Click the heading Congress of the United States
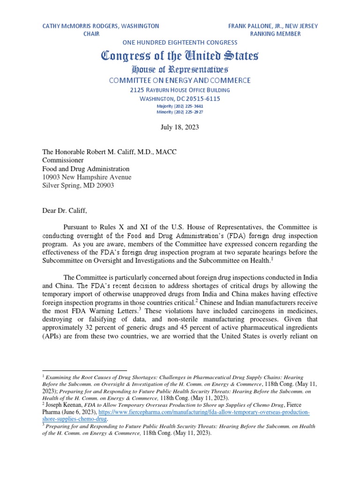[x=180, y=56]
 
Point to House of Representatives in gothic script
[x=180, y=70]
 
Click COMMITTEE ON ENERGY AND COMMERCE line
[x=180, y=81]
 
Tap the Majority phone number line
[x=180, y=106]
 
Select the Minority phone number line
[x=180, y=112]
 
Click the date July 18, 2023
[x=180, y=127]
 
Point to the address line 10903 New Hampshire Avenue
[x=87, y=177]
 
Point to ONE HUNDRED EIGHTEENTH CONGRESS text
[x=180, y=43]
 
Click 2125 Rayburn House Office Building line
[x=180, y=90]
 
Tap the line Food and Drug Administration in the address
[x=86, y=169]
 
